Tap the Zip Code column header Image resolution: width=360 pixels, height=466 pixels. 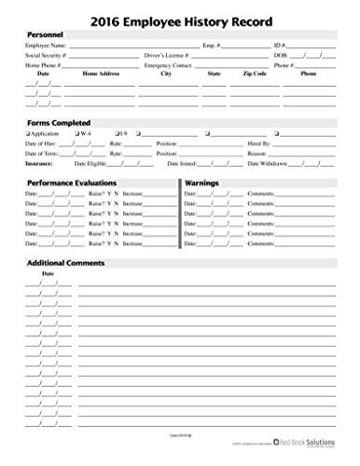click(x=253, y=74)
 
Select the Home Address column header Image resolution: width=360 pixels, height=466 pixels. click(x=102, y=74)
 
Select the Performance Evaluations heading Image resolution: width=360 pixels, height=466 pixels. click(x=73, y=184)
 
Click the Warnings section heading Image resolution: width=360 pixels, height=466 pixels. click(x=205, y=184)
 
